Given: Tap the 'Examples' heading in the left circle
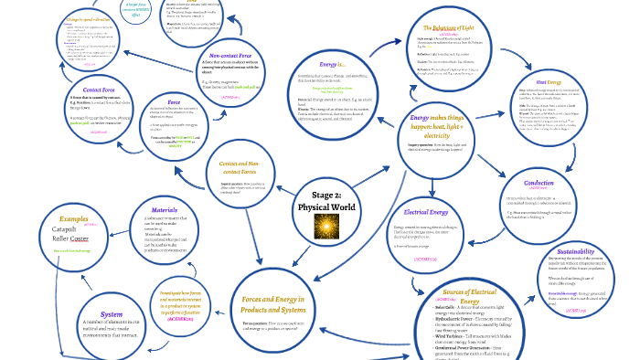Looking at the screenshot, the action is pos(75,219).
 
